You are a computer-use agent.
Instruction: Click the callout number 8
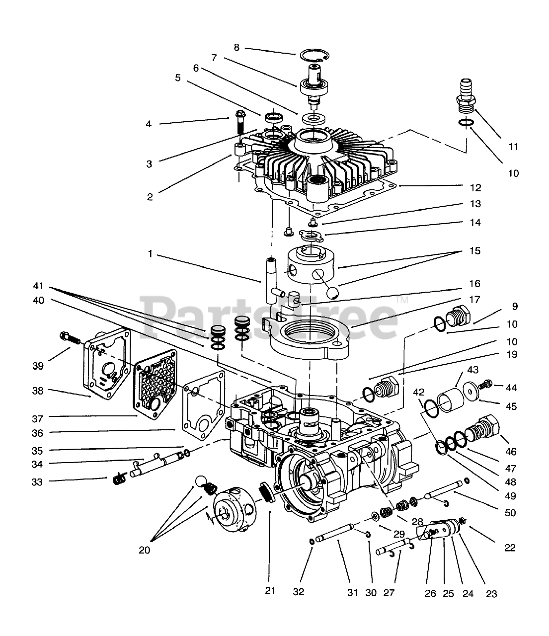point(236,47)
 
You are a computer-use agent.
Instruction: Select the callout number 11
point(513,147)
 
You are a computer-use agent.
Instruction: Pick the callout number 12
point(475,188)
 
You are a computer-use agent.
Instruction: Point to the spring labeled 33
point(118,479)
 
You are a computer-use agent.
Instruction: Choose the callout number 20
point(145,550)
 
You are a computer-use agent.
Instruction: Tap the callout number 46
point(511,452)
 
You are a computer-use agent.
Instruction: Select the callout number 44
point(512,386)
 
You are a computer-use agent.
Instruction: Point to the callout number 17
point(474,300)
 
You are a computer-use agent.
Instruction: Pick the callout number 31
point(352,592)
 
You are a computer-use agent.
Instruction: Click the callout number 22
point(510,548)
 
